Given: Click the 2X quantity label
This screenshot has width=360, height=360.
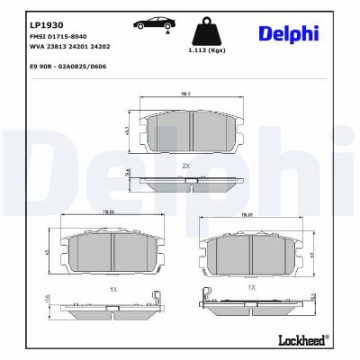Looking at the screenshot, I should pos(186,166).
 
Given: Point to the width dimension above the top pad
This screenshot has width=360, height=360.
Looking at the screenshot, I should pos(185,93).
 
